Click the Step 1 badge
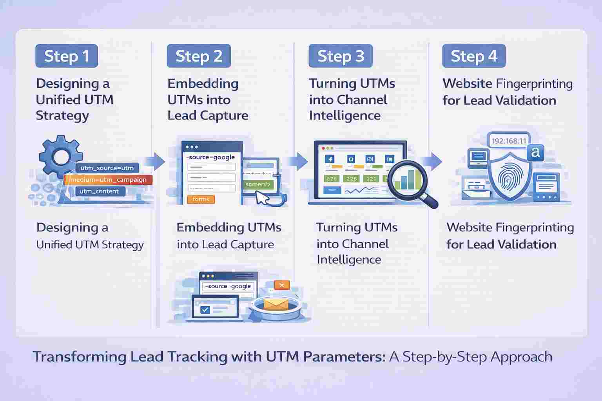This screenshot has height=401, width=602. tap(66, 56)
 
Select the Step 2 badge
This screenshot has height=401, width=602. tap(199, 56)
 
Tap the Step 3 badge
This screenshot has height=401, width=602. tap(341, 56)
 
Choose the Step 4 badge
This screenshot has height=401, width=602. tap(474, 56)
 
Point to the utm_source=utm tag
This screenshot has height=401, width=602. tap(107, 168)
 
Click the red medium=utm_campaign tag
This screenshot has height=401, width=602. tap(108, 180)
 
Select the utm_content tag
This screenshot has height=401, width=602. tap(99, 191)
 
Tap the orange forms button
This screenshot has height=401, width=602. tap(201, 199)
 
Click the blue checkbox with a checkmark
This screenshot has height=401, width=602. tap(205, 310)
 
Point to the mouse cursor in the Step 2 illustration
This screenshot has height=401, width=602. tap(262, 198)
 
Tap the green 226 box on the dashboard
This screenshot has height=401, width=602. tap(352, 179)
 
